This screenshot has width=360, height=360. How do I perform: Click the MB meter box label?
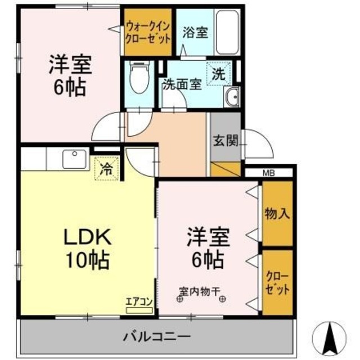[x=269, y=173]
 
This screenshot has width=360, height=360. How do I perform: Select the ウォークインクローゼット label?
[x=147, y=31]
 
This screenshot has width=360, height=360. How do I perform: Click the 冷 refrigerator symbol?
[x=106, y=168]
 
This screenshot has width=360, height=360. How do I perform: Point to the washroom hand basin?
[x=231, y=97]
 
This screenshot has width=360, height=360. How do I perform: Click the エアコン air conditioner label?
[x=139, y=302]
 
